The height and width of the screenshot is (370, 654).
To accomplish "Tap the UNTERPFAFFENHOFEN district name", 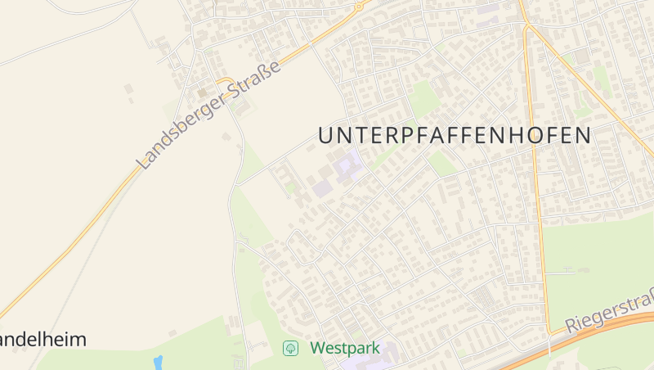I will click(x=454, y=136).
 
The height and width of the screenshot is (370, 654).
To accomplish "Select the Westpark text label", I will click(x=345, y=349).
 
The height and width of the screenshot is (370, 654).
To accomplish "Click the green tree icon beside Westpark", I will click(x=290, y=349).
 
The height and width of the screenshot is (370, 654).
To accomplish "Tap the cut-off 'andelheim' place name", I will click(x=43, y=339).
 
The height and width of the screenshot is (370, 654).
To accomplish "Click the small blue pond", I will click(x=158, y=363).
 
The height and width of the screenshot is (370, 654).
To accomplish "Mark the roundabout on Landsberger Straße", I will click(x=358, y=6).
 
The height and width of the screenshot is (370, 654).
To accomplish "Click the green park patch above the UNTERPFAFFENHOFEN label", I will click(x=424, y=97).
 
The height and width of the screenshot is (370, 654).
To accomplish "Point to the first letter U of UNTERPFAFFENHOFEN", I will click(x=325, y=136).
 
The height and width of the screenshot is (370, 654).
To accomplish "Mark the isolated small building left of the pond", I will click(x=172, y=333).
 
